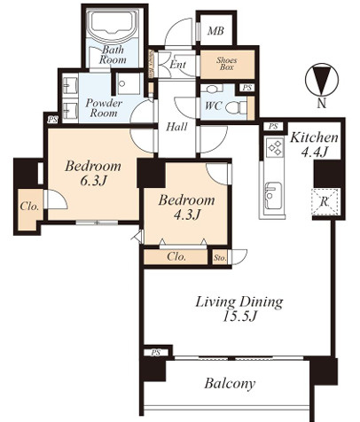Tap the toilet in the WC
coord(236,107)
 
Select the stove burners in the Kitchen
coord(275,147)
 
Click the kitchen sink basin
coord(273,195)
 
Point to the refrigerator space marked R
coord(325,202)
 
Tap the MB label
coord(215,31)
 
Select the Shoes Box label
coord(227,64)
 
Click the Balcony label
coord(230,384)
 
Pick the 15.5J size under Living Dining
coord(239,316)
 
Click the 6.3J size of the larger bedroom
coord(93,181)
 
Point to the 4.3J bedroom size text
coord(186,215)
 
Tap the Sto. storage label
coord(220,258)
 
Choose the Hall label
coord(176,127)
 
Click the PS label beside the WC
coord(247,88)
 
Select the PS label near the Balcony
coord(155,353)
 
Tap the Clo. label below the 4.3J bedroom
coord(176,256)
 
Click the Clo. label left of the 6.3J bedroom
coord(29,207)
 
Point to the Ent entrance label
coord(178,65)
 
